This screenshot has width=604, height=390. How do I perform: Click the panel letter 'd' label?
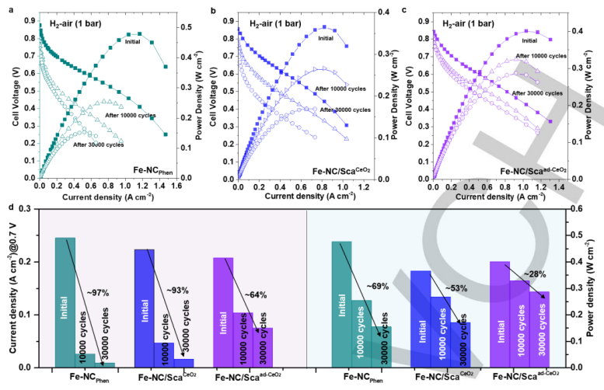click(5, 207)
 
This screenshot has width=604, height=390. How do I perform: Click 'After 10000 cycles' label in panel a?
click(131, 115)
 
